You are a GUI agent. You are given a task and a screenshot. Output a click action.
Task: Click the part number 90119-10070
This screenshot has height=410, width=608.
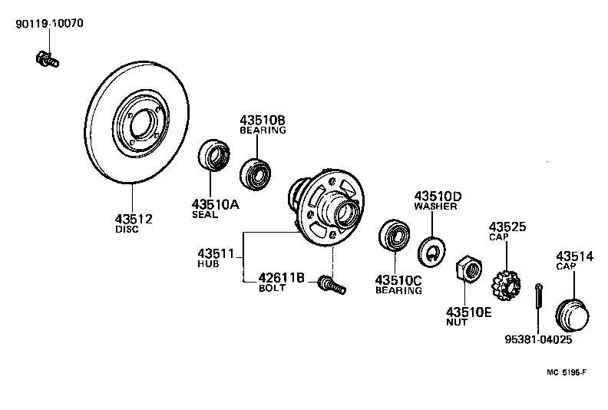coord(50,24)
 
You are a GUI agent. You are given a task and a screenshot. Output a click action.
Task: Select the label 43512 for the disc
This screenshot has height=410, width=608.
coord(134,219)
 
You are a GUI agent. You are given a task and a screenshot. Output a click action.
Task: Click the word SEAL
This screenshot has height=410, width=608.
coord(205,215)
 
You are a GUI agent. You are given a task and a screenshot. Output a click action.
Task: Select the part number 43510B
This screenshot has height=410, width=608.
coord(263,121)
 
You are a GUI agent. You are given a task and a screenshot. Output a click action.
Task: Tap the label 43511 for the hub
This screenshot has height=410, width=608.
coord(216,253)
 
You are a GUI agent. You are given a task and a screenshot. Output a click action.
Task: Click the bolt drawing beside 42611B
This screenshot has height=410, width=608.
coord(331,286)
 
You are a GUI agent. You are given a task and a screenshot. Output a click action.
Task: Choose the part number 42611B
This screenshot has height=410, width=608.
coord(281,278)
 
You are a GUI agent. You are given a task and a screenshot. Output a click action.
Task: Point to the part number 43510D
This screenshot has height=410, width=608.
coord(438,196)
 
